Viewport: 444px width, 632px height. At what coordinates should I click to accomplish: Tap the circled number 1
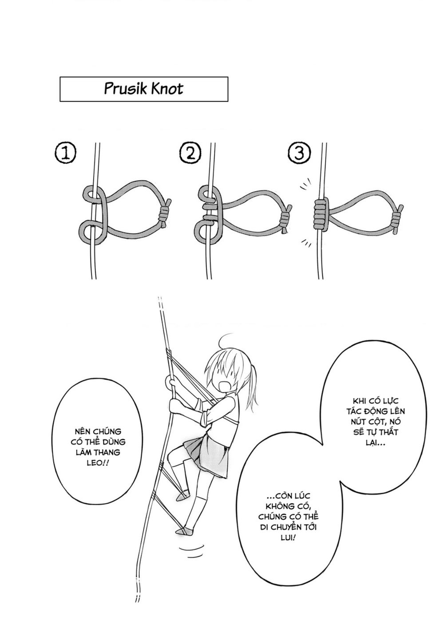click(x=65, y=153)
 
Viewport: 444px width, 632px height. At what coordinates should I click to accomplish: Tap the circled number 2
click(x=190, y=153)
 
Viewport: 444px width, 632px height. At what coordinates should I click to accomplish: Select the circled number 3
click(x=299, y=153)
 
